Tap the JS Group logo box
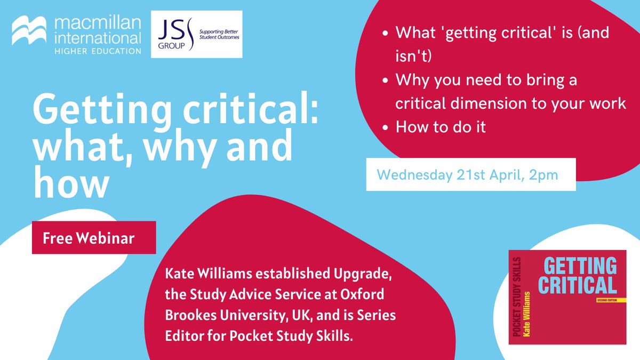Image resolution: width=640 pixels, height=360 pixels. point(197,34)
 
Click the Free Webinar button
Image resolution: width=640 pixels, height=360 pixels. point(94,238)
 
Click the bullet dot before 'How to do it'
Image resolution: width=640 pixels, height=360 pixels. point(386,128)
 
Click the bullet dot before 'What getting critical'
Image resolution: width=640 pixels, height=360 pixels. point(386,33)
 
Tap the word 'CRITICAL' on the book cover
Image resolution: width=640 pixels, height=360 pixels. point(577,285)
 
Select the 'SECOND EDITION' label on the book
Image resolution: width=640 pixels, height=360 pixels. point(600,300)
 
